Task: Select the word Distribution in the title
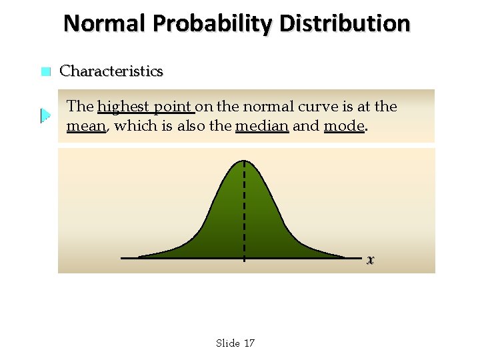pos(345,23)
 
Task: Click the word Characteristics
pos(111,71)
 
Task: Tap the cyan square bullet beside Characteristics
pos(45,72)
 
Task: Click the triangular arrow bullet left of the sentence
pos(45,116)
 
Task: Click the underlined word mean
pos(87,126)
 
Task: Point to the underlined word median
pos(262,126)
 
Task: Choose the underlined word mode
pos(344,126)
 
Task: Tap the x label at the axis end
pos(370,259)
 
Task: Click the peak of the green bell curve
pos(245,162)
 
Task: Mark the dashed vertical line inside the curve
pos(245,213)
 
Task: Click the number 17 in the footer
pos(249,343)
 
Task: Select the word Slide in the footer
pos(228,343)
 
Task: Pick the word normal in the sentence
pos(265,107)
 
